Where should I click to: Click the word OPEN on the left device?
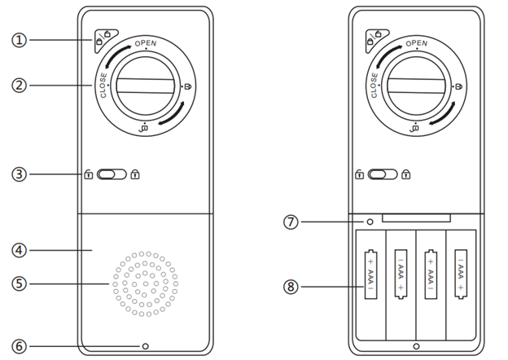pos(147,43)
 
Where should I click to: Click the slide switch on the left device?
pos(112,173)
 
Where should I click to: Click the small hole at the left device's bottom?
pos(146,345)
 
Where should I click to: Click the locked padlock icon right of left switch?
pos(135,173)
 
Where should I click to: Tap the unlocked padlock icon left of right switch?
pos(357,173)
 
